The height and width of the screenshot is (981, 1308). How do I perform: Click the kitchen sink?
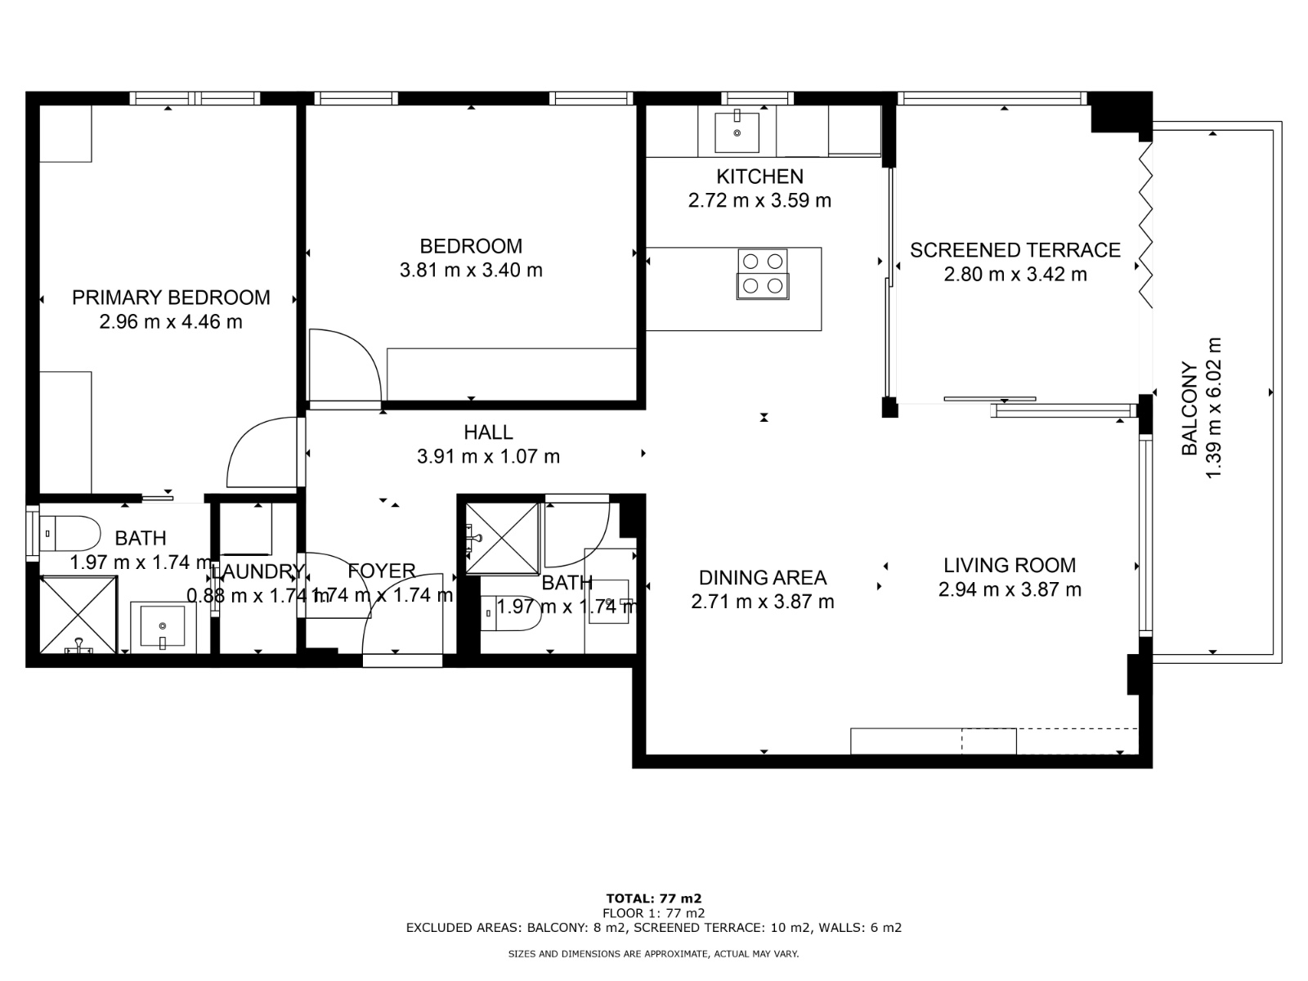pyautogui.click(x=737, y=132)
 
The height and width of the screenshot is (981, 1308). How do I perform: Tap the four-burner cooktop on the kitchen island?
pyautogui.click(x=763, y=273)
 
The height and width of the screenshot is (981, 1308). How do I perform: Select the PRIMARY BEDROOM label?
pyautogui.click(x=171, y=298)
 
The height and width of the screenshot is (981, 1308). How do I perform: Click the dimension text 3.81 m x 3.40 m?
pyautogui.click(x=471, y=270)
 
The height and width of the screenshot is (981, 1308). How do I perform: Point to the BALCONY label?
pyautogui.click(x=1189, y=409)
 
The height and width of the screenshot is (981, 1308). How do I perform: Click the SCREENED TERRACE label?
pyautogui.click(x=1015, y=250)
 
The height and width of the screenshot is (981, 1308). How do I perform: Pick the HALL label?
pyautogui.click(x=488, y=432)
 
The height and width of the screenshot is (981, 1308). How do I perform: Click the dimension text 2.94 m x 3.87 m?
pyautogui.click(x=1010, y=589)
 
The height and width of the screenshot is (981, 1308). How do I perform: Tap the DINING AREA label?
pyautogui.click(x=762, y=578)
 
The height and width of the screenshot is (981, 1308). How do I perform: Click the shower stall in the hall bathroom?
pyautogui.click(x=502, y=538)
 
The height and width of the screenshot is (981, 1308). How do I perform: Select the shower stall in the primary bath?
pyautogui.click(x=78, y=614)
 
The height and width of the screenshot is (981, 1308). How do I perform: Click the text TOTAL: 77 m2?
pyautogui.click(x=654, y=898)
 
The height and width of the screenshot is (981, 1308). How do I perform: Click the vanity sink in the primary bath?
pyautogui.click(x=163, y=626)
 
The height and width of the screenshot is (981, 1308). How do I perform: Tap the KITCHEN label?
pyautogui.click(x=759, y=177)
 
